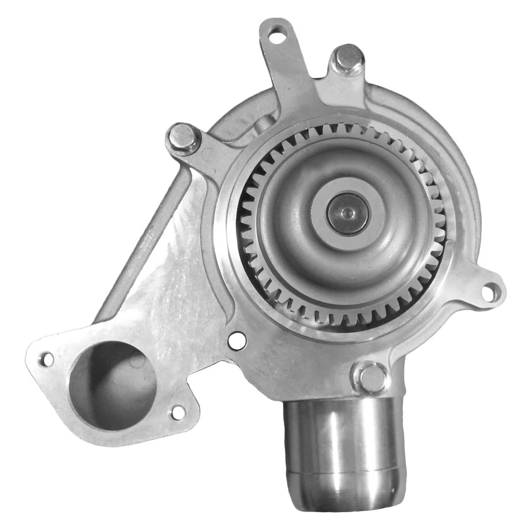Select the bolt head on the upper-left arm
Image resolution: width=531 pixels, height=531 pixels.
(184, 138)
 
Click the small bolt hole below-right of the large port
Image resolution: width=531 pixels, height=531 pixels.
(178, 412)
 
